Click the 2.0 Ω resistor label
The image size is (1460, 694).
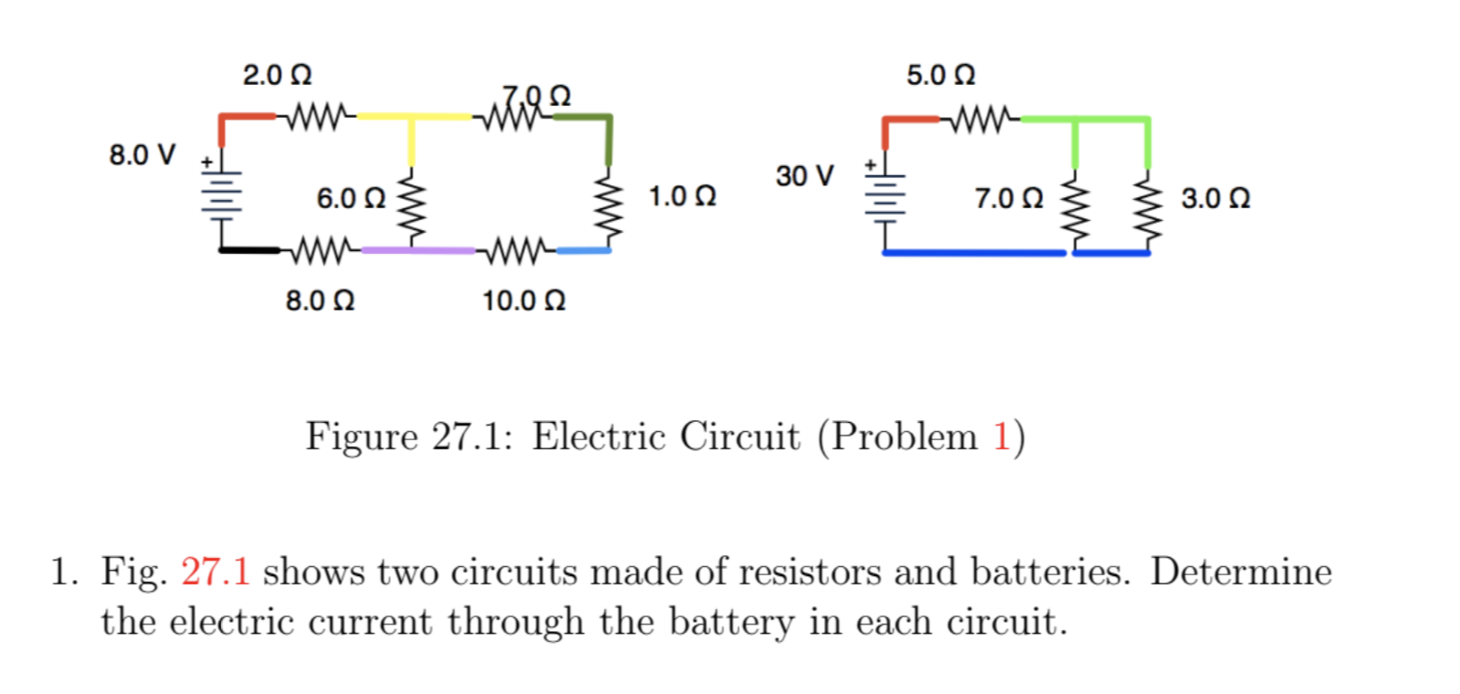277,75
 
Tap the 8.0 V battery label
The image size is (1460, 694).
142,154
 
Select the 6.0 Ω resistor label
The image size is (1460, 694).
351,198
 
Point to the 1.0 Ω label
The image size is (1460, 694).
682,196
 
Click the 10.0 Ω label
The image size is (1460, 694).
524,300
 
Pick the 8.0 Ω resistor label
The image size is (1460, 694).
320,300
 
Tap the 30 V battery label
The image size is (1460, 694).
804,175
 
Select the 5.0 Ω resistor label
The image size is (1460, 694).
940,75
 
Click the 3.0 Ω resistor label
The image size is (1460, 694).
1215,198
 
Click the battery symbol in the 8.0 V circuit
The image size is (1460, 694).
221,195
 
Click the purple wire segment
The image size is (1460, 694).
418,249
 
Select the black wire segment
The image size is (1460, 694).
249,249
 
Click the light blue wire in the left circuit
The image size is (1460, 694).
583,249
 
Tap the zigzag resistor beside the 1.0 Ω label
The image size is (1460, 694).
608,207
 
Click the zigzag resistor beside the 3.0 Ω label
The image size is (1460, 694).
1148,209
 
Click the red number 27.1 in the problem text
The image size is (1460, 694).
215,573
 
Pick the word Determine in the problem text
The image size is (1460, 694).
1240,573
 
